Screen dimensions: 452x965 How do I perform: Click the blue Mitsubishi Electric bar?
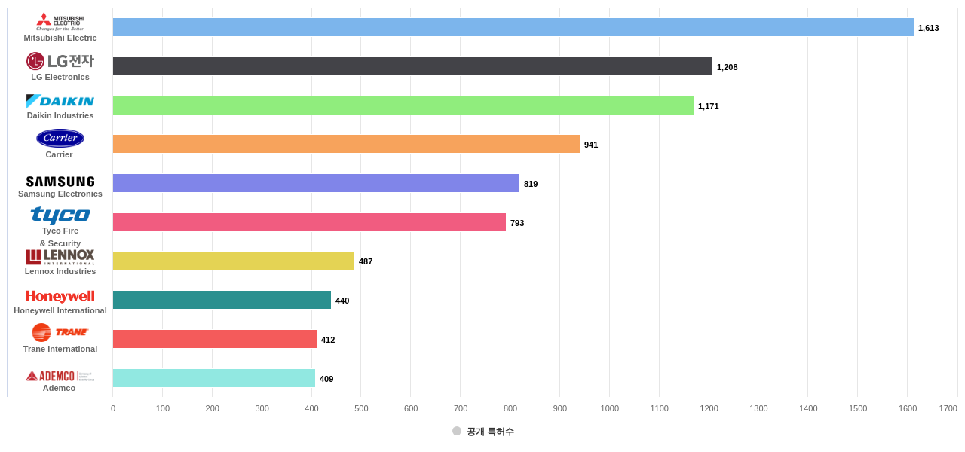(x=513, y=27)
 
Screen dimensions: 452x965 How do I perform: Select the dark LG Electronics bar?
(x=412, y=66)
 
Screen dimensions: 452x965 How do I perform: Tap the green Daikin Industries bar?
(x=403, y=105)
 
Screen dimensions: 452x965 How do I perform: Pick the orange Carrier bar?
(x=346, y=144)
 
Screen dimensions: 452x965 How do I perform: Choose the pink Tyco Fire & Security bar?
(x=309, y=222)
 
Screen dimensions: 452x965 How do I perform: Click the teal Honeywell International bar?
(x=222, y=300)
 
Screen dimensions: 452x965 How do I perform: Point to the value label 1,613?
(x=928, y=28)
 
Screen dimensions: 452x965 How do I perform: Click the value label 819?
(x=531, y=184)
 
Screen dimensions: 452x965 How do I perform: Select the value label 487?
(x=366, y=261)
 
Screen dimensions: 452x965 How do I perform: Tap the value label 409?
(x=326, y=379)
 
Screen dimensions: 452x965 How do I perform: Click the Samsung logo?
(x=60, y=182)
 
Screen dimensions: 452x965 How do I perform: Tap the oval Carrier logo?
(x=60, y=138)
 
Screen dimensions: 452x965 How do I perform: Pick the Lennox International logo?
(x=60, y=257)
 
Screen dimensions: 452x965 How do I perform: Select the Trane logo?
(x=60, y=332)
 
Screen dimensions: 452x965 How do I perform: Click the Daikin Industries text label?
(x=60, y=115)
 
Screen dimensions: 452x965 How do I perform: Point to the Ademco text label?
(x=59, y=388)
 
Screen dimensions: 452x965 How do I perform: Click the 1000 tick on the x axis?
(x=609, y=408)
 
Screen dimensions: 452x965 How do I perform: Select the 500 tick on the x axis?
(x=361, y=408)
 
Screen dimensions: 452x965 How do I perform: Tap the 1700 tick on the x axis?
(x=948, y=408)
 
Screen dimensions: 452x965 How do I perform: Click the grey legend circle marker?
(x=457, y=431)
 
